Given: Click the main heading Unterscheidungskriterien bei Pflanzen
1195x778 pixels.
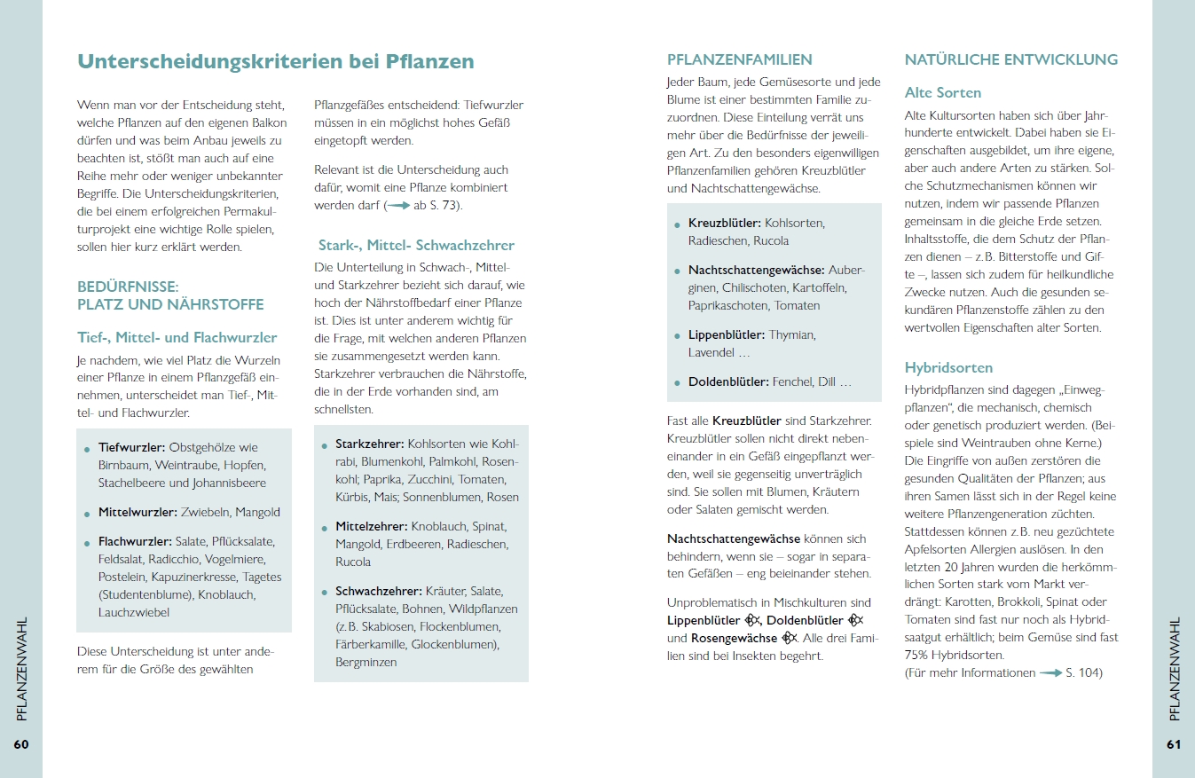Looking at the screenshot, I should point(276,61).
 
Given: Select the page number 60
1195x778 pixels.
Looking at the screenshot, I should point(21,744).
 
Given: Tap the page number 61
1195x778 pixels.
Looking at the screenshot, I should point(1174,744).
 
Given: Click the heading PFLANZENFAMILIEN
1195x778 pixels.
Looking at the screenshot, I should point(740,60).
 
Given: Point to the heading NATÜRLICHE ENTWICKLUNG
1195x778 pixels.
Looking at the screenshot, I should point(1011,60).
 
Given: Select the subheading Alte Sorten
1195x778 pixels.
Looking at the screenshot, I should point(943,92).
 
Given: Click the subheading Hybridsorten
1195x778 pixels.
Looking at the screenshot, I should point(948,367).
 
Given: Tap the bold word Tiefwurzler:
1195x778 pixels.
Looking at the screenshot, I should point(131,447).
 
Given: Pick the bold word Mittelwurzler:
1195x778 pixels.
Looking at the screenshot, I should point(138,512).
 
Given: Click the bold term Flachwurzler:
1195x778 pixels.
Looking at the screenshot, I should point(135,542).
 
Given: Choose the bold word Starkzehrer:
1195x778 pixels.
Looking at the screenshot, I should point(369,444).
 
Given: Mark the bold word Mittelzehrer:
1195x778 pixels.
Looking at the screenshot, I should point(371,526).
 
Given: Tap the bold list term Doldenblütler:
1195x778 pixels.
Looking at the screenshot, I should point(728,381).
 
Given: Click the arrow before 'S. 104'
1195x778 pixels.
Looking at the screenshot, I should point(1051,673).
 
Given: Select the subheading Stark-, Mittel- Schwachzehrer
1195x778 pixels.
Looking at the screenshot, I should point(416,245).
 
